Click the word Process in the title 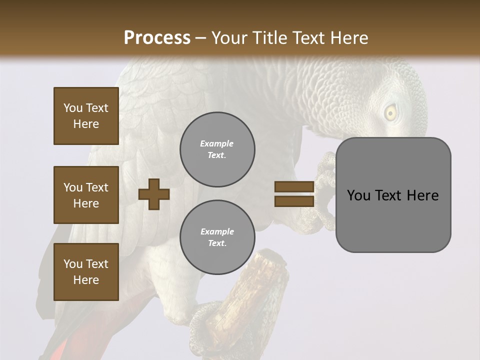157,38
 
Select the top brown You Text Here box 86,116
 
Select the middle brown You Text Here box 86,195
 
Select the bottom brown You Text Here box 86,272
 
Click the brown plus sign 154,193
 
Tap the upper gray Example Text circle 217,149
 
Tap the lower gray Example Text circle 217,237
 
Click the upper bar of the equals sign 294,186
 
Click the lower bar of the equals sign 294,201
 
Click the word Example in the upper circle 217,143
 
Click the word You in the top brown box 72,108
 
